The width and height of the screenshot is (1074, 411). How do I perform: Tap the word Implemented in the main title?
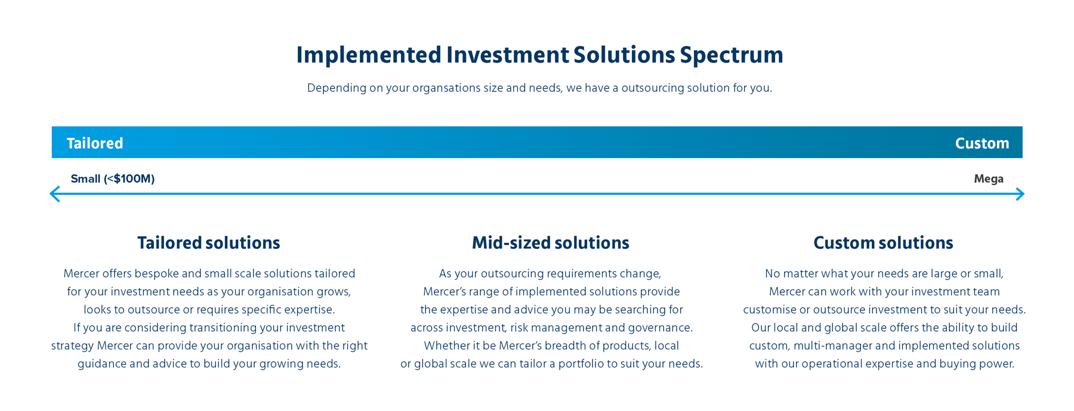coord(369,55)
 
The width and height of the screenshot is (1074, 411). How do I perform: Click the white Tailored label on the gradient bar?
coord(95,143)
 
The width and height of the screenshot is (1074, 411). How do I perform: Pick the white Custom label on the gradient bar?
coord(982,143)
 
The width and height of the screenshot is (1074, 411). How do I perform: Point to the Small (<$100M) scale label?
coord(113,179)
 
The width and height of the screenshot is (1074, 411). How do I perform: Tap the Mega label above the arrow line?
coord(989,179)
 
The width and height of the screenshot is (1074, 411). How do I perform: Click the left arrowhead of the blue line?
coord(54,194)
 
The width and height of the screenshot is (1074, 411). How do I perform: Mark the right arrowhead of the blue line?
coord(1020,194)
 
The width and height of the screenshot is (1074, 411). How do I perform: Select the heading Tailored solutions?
coord(209,243)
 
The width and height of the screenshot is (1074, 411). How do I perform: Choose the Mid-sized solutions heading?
coord(551,243)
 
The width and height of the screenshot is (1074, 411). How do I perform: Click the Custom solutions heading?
coord(884,243)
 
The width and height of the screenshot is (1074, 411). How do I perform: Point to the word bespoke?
coord(156,274)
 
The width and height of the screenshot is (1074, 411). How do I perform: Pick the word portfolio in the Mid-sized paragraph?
coord(581,364)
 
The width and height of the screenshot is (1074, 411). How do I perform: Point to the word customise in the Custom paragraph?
coord(769,310)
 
